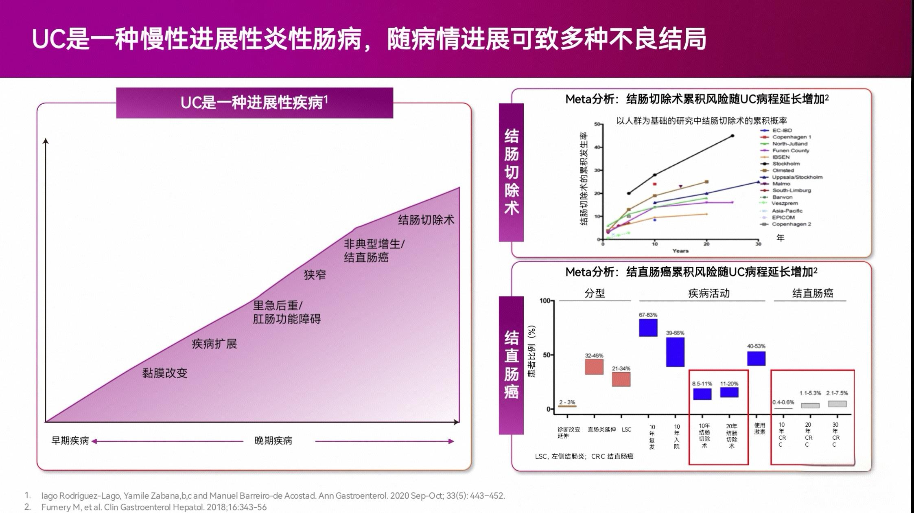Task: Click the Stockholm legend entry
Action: pos(785,164)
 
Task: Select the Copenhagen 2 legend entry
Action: pos(791,224)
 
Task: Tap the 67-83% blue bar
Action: pos(648,328)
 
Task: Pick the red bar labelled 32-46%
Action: pos(594,367)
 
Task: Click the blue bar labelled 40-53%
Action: pos(756,358)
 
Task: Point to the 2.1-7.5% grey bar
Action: pos(837,404)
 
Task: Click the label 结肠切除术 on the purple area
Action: pos(426,220)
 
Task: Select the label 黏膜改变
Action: pos(164,373)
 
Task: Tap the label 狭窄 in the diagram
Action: pos(315,275)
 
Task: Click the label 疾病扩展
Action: pos(214,344)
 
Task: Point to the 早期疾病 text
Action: pos(70,441)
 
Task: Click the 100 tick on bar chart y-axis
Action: pos(544,301)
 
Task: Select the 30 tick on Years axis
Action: pos(758,244)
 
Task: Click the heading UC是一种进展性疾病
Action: pos(254,103)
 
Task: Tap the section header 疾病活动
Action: pos(708,293)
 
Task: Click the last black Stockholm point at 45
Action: pos(733,136)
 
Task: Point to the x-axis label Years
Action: pos(680,251)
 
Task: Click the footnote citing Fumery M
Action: pos(154,507)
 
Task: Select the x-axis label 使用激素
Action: pos(759,428)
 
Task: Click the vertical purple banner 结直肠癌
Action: pos(511,365)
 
